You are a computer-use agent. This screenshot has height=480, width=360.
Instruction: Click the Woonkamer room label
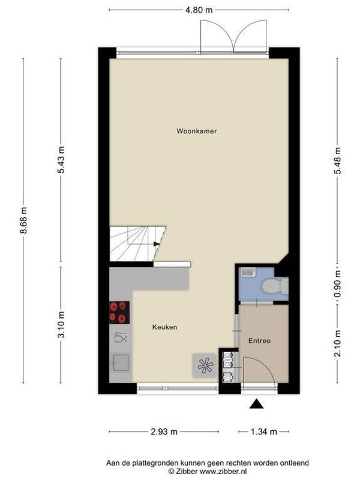click(x=196, y=131)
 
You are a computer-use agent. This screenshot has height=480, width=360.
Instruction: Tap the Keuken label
click(x=164, y=327)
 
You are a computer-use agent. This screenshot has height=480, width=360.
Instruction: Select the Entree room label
click(x=259, y=341)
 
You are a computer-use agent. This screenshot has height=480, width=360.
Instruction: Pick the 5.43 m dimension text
click(x=61, y=161)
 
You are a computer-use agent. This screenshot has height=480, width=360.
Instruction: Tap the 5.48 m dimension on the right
click(x=338, y=161)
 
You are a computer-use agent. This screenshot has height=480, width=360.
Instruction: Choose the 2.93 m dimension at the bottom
click(x=164, y=431)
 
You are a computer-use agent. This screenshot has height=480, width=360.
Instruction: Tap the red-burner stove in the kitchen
click(x=119, y=312)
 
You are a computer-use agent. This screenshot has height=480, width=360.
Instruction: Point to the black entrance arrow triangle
click(x=257, y=405)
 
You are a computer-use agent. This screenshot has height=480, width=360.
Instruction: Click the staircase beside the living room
click(x=137, y=244)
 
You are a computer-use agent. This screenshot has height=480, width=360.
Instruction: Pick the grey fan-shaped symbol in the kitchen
click(x=203, y=364)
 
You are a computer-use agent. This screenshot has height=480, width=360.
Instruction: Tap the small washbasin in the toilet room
click(x=246, y=272)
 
